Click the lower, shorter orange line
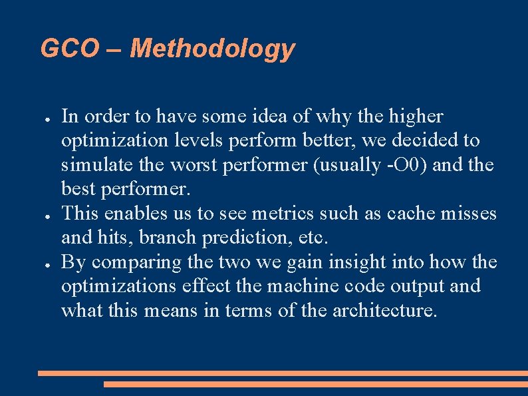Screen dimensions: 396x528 315,384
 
